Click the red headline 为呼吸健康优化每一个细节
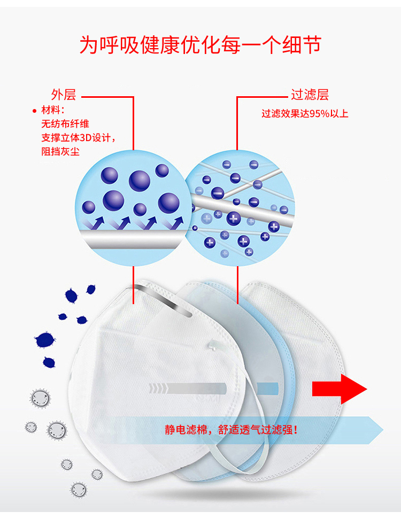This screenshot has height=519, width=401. pos(200,45)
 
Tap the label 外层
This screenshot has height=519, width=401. pos(63,95)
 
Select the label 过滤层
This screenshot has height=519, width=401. pos(310,95)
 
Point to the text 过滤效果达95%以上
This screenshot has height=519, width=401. pos(305,114)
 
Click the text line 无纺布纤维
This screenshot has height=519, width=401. pos(65,124)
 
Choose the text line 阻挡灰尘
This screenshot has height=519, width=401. pos(60,152)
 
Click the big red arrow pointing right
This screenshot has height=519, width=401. pos(340,389)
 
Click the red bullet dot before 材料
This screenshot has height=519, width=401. pos(34,111)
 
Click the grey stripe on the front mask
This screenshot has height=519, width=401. pos(197,389)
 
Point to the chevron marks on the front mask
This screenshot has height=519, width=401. pos(158,389)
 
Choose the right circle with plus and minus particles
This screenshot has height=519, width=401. pos(240,208)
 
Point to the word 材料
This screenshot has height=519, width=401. pos(51,110)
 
